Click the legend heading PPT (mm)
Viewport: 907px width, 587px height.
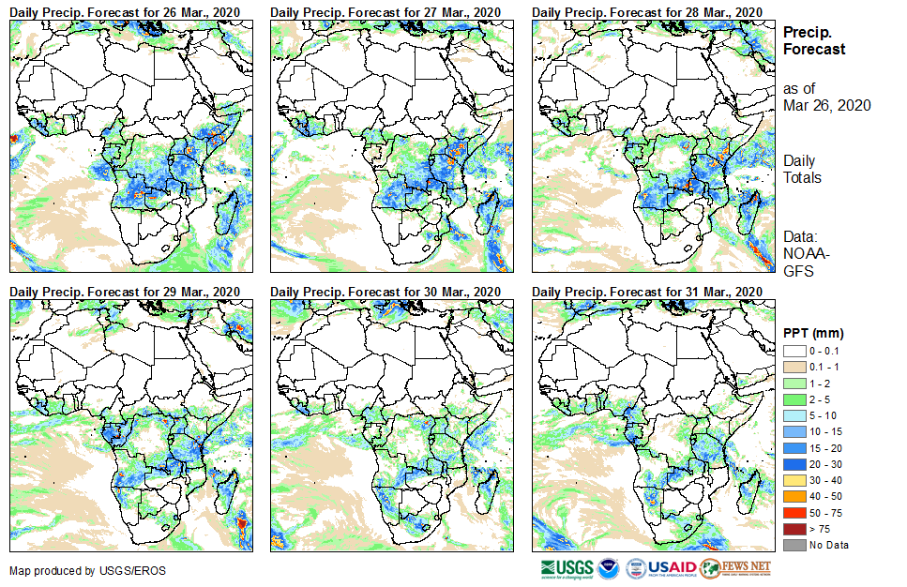tap(813, 333)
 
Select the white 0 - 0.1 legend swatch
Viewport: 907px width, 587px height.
tap(794, 351)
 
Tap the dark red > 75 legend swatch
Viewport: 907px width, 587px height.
tap(794, 529)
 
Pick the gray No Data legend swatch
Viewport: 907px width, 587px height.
tap(794, 545)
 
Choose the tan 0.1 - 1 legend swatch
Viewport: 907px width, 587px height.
tap(794, 367)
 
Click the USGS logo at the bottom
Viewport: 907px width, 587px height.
tap(567, 568)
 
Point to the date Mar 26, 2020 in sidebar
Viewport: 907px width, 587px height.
tap(826, 105)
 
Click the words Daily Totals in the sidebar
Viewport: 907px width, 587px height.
tap(803, 170)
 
